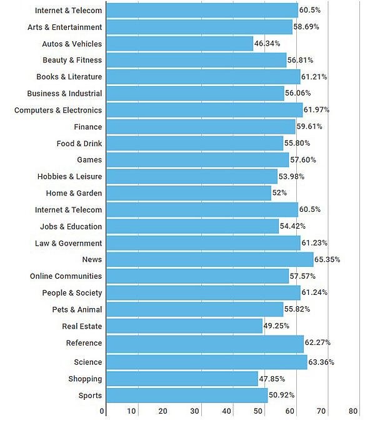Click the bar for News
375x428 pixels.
[209, 259]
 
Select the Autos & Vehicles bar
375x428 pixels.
[179, 44]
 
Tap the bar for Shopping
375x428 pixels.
[182, 379]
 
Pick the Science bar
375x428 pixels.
[206, 362]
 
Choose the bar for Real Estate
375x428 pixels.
[184, 326]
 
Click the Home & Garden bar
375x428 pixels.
[189, 193]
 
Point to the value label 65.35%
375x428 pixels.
[327, 259]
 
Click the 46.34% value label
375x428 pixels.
[267, 44]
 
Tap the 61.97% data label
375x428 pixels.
[316, 110]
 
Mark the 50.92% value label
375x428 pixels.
[281, 396]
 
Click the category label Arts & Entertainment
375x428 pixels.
[64, 27]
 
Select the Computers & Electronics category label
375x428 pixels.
[58, 110]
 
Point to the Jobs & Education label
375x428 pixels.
[71, 226]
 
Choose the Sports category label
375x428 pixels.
[90, 396]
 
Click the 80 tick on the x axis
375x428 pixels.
[353, 411]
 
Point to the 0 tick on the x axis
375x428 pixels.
[102, 411]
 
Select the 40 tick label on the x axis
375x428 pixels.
[226, 411]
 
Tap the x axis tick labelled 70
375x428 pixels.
[321, 411]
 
